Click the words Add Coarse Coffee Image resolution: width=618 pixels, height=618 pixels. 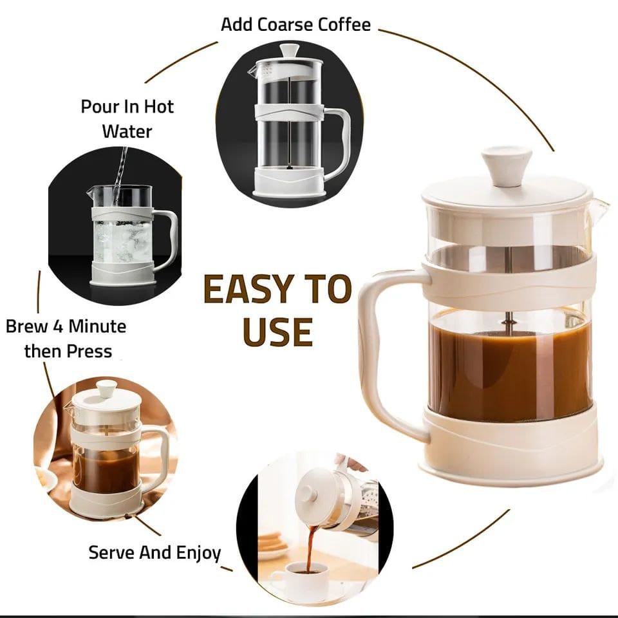(x=296, y=25)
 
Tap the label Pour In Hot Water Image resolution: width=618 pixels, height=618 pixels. (x=127, y=118)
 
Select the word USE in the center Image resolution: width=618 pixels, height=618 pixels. (x=277, y=331)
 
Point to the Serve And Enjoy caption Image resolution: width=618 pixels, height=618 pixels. (x=154, y=552)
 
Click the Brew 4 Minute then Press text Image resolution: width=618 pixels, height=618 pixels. (x=66, y=339)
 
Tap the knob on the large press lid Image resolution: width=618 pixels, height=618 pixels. (x=507, y=164)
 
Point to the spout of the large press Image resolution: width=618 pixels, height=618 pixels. (x=598, y=208)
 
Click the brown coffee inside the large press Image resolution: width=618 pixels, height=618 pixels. (x=509, y=373)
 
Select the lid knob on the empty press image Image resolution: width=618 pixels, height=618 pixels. (x=290, y=50)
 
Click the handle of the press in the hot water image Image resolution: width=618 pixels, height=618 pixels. (x=165, y=238)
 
